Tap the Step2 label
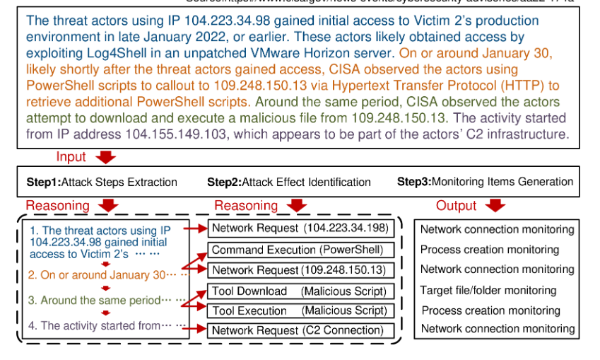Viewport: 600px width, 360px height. [x=224, y=182]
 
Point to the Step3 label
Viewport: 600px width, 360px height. [x=413, y=182]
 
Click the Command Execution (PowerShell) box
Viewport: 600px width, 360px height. [x=298, y=250]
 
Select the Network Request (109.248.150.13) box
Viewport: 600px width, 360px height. [x=298, y=270]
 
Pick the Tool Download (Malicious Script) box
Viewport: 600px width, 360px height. [x=298, y=291]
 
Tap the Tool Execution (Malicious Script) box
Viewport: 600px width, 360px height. [x=298, y=310]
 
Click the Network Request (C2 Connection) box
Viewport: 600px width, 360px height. [x=298, y=330]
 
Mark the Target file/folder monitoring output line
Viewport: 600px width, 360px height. [x=488, y=290]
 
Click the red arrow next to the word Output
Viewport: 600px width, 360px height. [x=496, y=205]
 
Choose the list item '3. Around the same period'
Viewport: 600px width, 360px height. [x=100, y=300]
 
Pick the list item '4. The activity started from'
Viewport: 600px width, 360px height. [x=100, y=326]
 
